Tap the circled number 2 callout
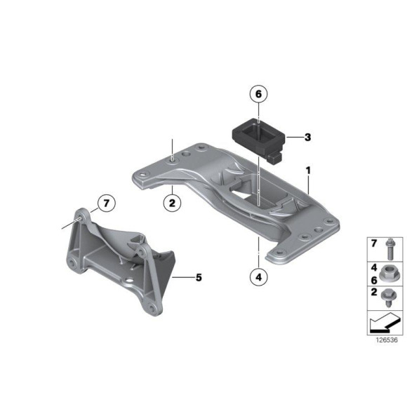pos(171,203)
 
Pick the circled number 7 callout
pos(105,204)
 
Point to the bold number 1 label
pos(307,170)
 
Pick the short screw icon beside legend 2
pos(388,300)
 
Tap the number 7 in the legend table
pos(373,243)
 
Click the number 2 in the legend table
pos(373,293)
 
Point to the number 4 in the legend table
pos(373,267)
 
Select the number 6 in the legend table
pos(373,279)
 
